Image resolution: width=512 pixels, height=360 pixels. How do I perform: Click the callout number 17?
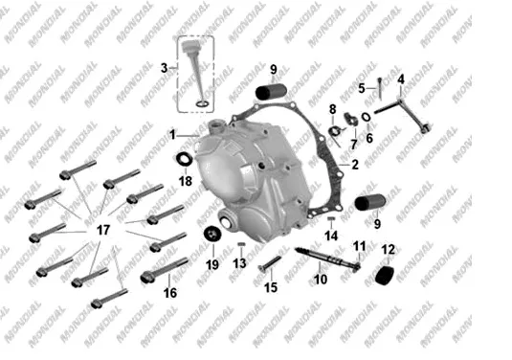pos(103,230)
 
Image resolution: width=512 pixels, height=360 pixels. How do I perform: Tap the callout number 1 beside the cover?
pos(172,135)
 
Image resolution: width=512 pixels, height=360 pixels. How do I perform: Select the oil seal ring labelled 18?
pos(184,159)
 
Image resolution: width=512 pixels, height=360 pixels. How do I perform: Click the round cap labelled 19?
pos(212,234)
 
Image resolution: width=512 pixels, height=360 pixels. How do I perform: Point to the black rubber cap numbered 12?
pos(385,276)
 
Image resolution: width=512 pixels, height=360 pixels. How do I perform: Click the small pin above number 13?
pos(241,244)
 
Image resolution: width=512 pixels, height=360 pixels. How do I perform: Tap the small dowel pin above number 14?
pos(331,218)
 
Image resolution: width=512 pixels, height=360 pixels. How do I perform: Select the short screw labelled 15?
pos(269,263)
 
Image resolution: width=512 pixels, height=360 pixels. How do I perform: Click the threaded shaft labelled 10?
pos(326,259)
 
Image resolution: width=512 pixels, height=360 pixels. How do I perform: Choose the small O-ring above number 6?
pos(366,117)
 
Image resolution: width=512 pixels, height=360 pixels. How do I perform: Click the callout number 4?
pos(401,79)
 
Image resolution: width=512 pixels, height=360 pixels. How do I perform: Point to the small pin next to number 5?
pos(380,88)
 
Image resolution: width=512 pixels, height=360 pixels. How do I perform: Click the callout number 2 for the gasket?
pos(355,165)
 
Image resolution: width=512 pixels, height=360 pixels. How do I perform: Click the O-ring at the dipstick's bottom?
pos(203,104)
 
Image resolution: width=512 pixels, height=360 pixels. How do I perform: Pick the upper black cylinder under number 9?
pos(271,92)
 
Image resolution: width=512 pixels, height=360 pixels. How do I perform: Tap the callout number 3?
pos(164,68)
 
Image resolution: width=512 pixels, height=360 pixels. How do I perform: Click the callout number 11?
pos(359,246)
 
